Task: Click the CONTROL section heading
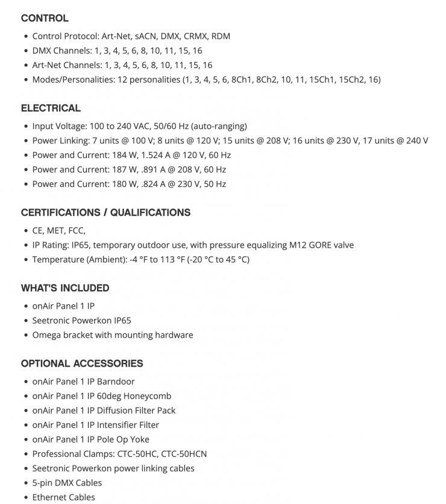tap(45, 18)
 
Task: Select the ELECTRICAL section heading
tap(51, 109)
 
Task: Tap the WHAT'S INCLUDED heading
tap(65, 288)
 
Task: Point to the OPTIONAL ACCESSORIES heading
tap(82, 364)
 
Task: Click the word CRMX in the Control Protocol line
tap(195, 36)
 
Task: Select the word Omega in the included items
tap(46, 335)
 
